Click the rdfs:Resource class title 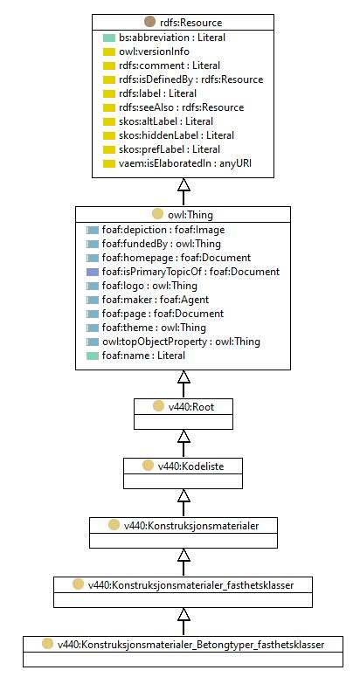190,23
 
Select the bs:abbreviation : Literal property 172,38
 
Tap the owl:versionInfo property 154,52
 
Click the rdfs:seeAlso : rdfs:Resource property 181,107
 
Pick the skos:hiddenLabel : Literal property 177,135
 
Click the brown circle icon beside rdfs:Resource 149,22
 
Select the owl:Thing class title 190,215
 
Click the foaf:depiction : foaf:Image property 163,230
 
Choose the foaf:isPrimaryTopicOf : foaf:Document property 190,272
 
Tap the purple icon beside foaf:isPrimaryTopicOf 93,272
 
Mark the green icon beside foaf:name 93,356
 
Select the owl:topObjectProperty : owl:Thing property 181,342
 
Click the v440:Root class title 191,407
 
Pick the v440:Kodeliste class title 190,466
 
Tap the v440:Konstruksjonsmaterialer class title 191,526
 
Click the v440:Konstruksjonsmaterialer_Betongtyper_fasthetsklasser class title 190,645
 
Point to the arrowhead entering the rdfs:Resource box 183,184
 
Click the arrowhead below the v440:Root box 183,437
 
